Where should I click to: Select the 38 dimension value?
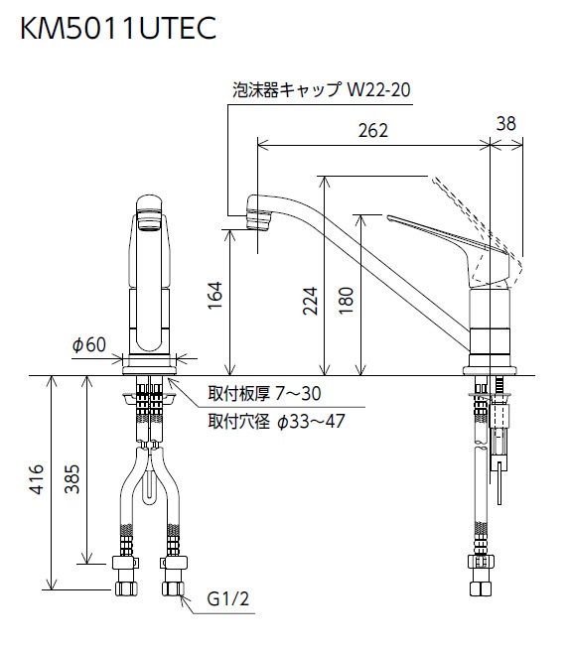click(x=505, y=123)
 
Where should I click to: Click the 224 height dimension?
click(x=309, y=296)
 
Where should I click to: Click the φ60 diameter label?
click(x=88, y=344)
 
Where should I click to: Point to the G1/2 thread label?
click(x=226, y=600)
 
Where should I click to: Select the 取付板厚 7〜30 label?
click(x=264, y=395)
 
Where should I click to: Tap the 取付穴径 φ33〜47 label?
click(x=276, y=419)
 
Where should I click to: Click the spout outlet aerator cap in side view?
click(x=260, y=212)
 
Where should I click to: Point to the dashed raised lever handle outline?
click(x=472, y=213)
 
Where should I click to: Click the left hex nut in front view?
click(x=127, y=577)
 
